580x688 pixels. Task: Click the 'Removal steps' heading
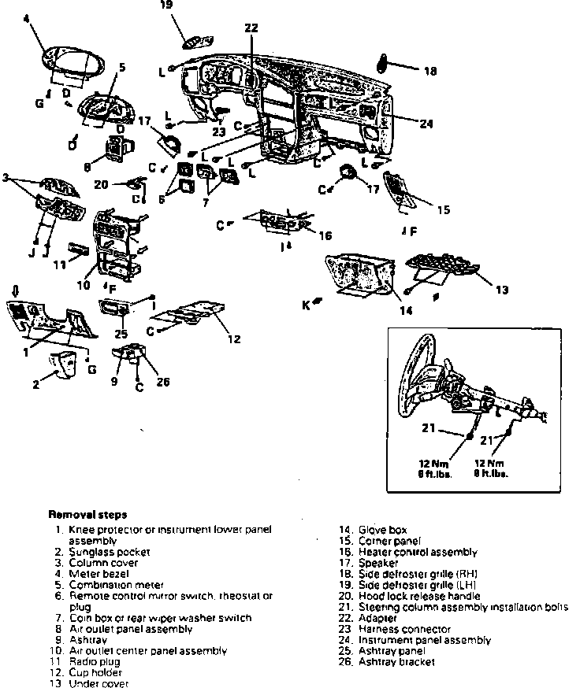87,515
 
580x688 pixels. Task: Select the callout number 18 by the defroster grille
430,72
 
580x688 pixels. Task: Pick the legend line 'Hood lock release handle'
418,596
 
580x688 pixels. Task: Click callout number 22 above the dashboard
251,28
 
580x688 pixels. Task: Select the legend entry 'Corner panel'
389,542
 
